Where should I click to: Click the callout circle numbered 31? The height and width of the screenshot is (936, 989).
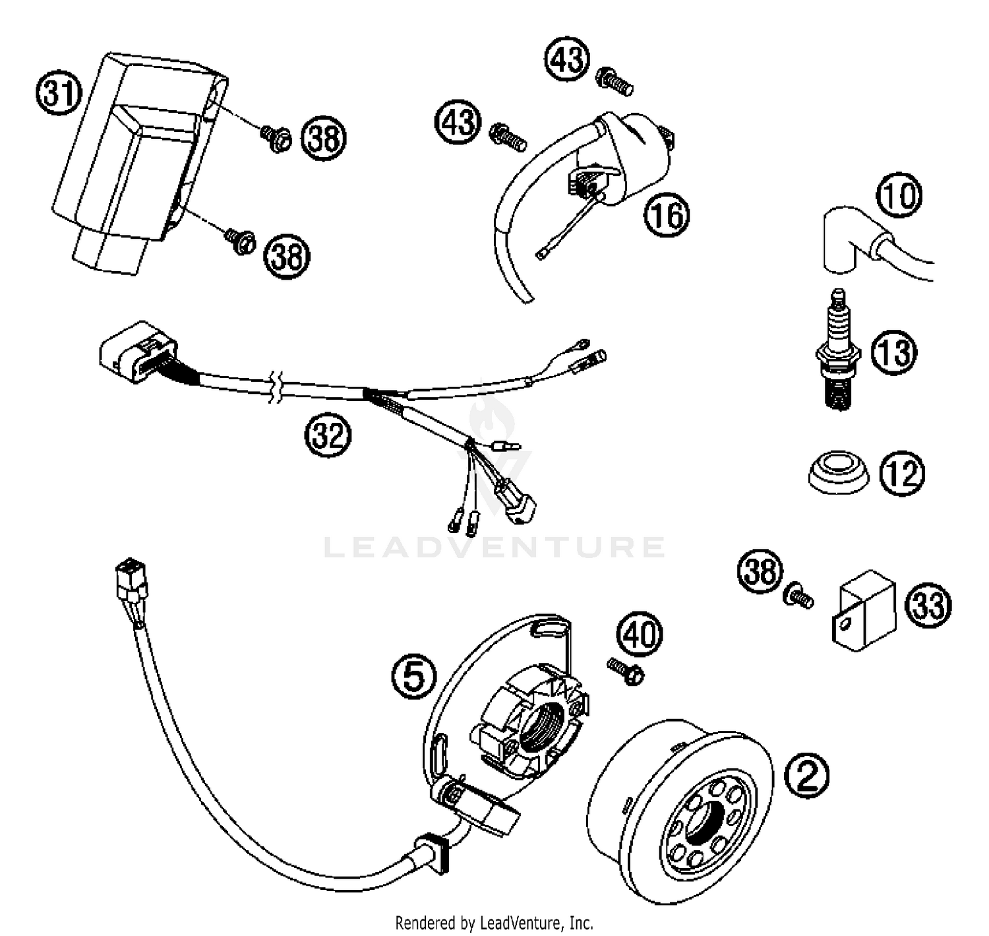(58, 93)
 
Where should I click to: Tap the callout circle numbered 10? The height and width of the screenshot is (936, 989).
(899, 195)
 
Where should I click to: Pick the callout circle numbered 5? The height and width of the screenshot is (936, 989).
(413, 677)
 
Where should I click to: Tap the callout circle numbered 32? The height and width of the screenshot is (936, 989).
(328, 435)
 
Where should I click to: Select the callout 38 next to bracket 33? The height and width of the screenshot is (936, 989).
(760, 571)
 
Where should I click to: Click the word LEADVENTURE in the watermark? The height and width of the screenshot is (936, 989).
(494, 547)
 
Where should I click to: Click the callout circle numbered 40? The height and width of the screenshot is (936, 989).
(640, 635)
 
